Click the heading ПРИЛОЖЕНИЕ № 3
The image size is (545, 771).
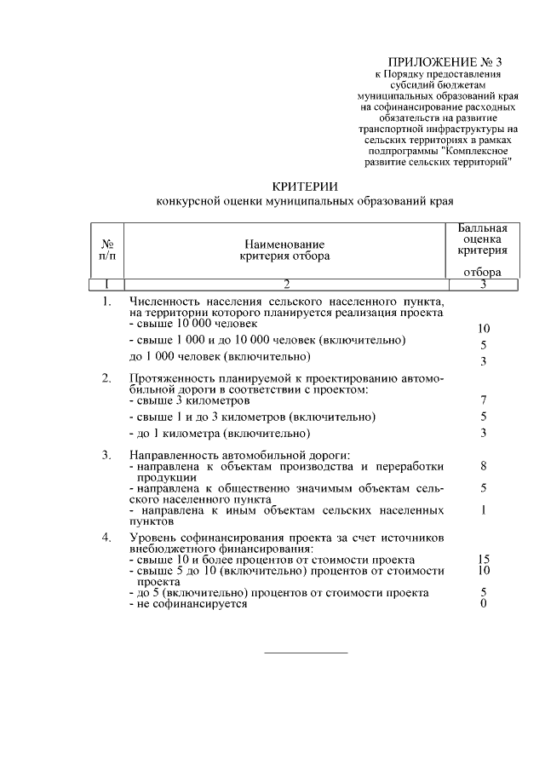point(436,62)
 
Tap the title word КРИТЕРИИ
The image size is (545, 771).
point(305,186)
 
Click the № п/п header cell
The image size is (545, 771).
point(108,249)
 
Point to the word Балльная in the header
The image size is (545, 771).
point(483,228)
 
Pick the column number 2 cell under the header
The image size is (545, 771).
point(286,284)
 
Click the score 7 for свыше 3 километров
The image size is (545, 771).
point(483,400)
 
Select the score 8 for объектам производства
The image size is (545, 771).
point(483,467)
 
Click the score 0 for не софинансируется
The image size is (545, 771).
point(483,604)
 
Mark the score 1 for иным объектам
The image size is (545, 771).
point(483,510)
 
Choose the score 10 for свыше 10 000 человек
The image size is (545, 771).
point(483,328)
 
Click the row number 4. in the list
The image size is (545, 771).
point(106,538)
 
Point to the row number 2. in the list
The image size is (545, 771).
point(106,378)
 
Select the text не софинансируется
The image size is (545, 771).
point(189,604)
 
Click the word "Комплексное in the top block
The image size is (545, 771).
point(478,151)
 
